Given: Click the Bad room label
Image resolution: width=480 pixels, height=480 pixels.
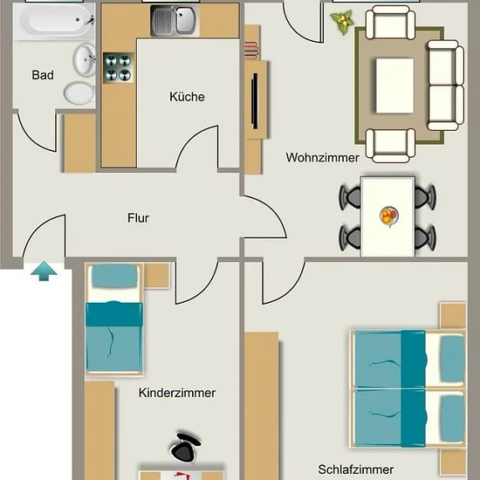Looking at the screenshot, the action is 43,75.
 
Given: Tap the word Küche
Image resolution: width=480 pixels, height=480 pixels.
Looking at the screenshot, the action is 187,97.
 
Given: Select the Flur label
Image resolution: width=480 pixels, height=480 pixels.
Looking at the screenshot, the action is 138,218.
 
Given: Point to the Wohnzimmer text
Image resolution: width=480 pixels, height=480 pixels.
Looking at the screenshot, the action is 322,158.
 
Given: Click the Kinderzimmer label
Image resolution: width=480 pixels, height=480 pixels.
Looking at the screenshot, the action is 177,393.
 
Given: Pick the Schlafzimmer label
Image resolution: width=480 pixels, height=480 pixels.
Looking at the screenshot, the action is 356,469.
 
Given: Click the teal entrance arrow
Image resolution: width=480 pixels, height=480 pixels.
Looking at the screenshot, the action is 44,271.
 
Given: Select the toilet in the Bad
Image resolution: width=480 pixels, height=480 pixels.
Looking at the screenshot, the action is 79,93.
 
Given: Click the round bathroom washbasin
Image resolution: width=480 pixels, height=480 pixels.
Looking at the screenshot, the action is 85,60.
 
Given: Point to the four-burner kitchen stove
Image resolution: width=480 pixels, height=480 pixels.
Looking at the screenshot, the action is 119,68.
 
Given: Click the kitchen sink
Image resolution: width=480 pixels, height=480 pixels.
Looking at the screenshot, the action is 175,21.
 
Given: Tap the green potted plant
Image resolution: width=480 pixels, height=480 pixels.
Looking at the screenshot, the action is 342,22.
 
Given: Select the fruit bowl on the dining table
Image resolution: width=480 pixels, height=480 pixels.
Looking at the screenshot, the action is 389,216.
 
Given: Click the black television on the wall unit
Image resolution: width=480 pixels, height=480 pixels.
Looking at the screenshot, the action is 255,100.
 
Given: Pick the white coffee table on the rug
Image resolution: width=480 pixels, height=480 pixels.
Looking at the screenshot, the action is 394,86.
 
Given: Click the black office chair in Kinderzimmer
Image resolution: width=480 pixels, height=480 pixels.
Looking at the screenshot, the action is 185,447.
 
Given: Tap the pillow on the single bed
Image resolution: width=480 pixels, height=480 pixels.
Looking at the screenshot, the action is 115,276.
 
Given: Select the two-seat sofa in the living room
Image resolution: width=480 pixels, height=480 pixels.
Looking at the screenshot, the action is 446,86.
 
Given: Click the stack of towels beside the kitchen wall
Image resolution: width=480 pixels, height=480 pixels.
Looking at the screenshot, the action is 251,51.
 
